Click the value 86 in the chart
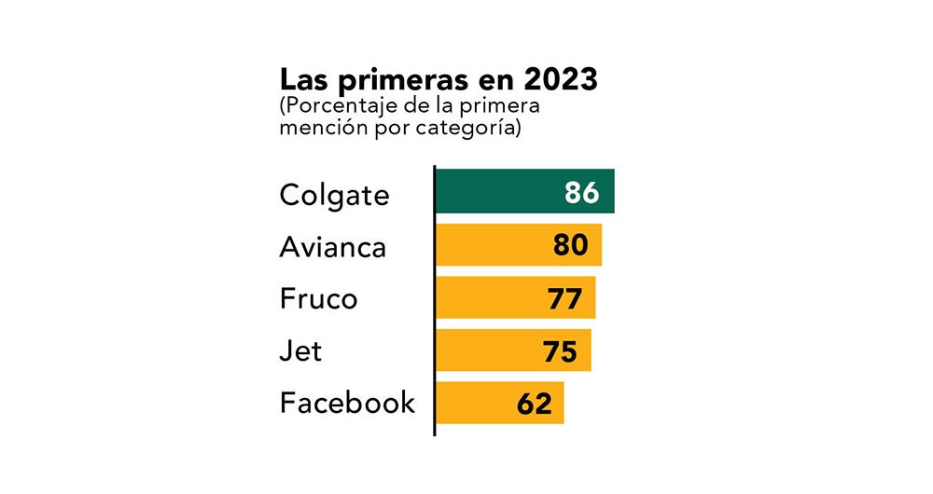coord(582,193)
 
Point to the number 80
coord(570,245)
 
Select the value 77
coord(564,298)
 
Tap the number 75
coord(560,351)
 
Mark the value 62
coord(534,404)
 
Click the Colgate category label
coord(334,196)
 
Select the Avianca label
coord(333,247)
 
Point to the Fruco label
coord(318,300)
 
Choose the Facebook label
coord(347,403)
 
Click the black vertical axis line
coord(435,298)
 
